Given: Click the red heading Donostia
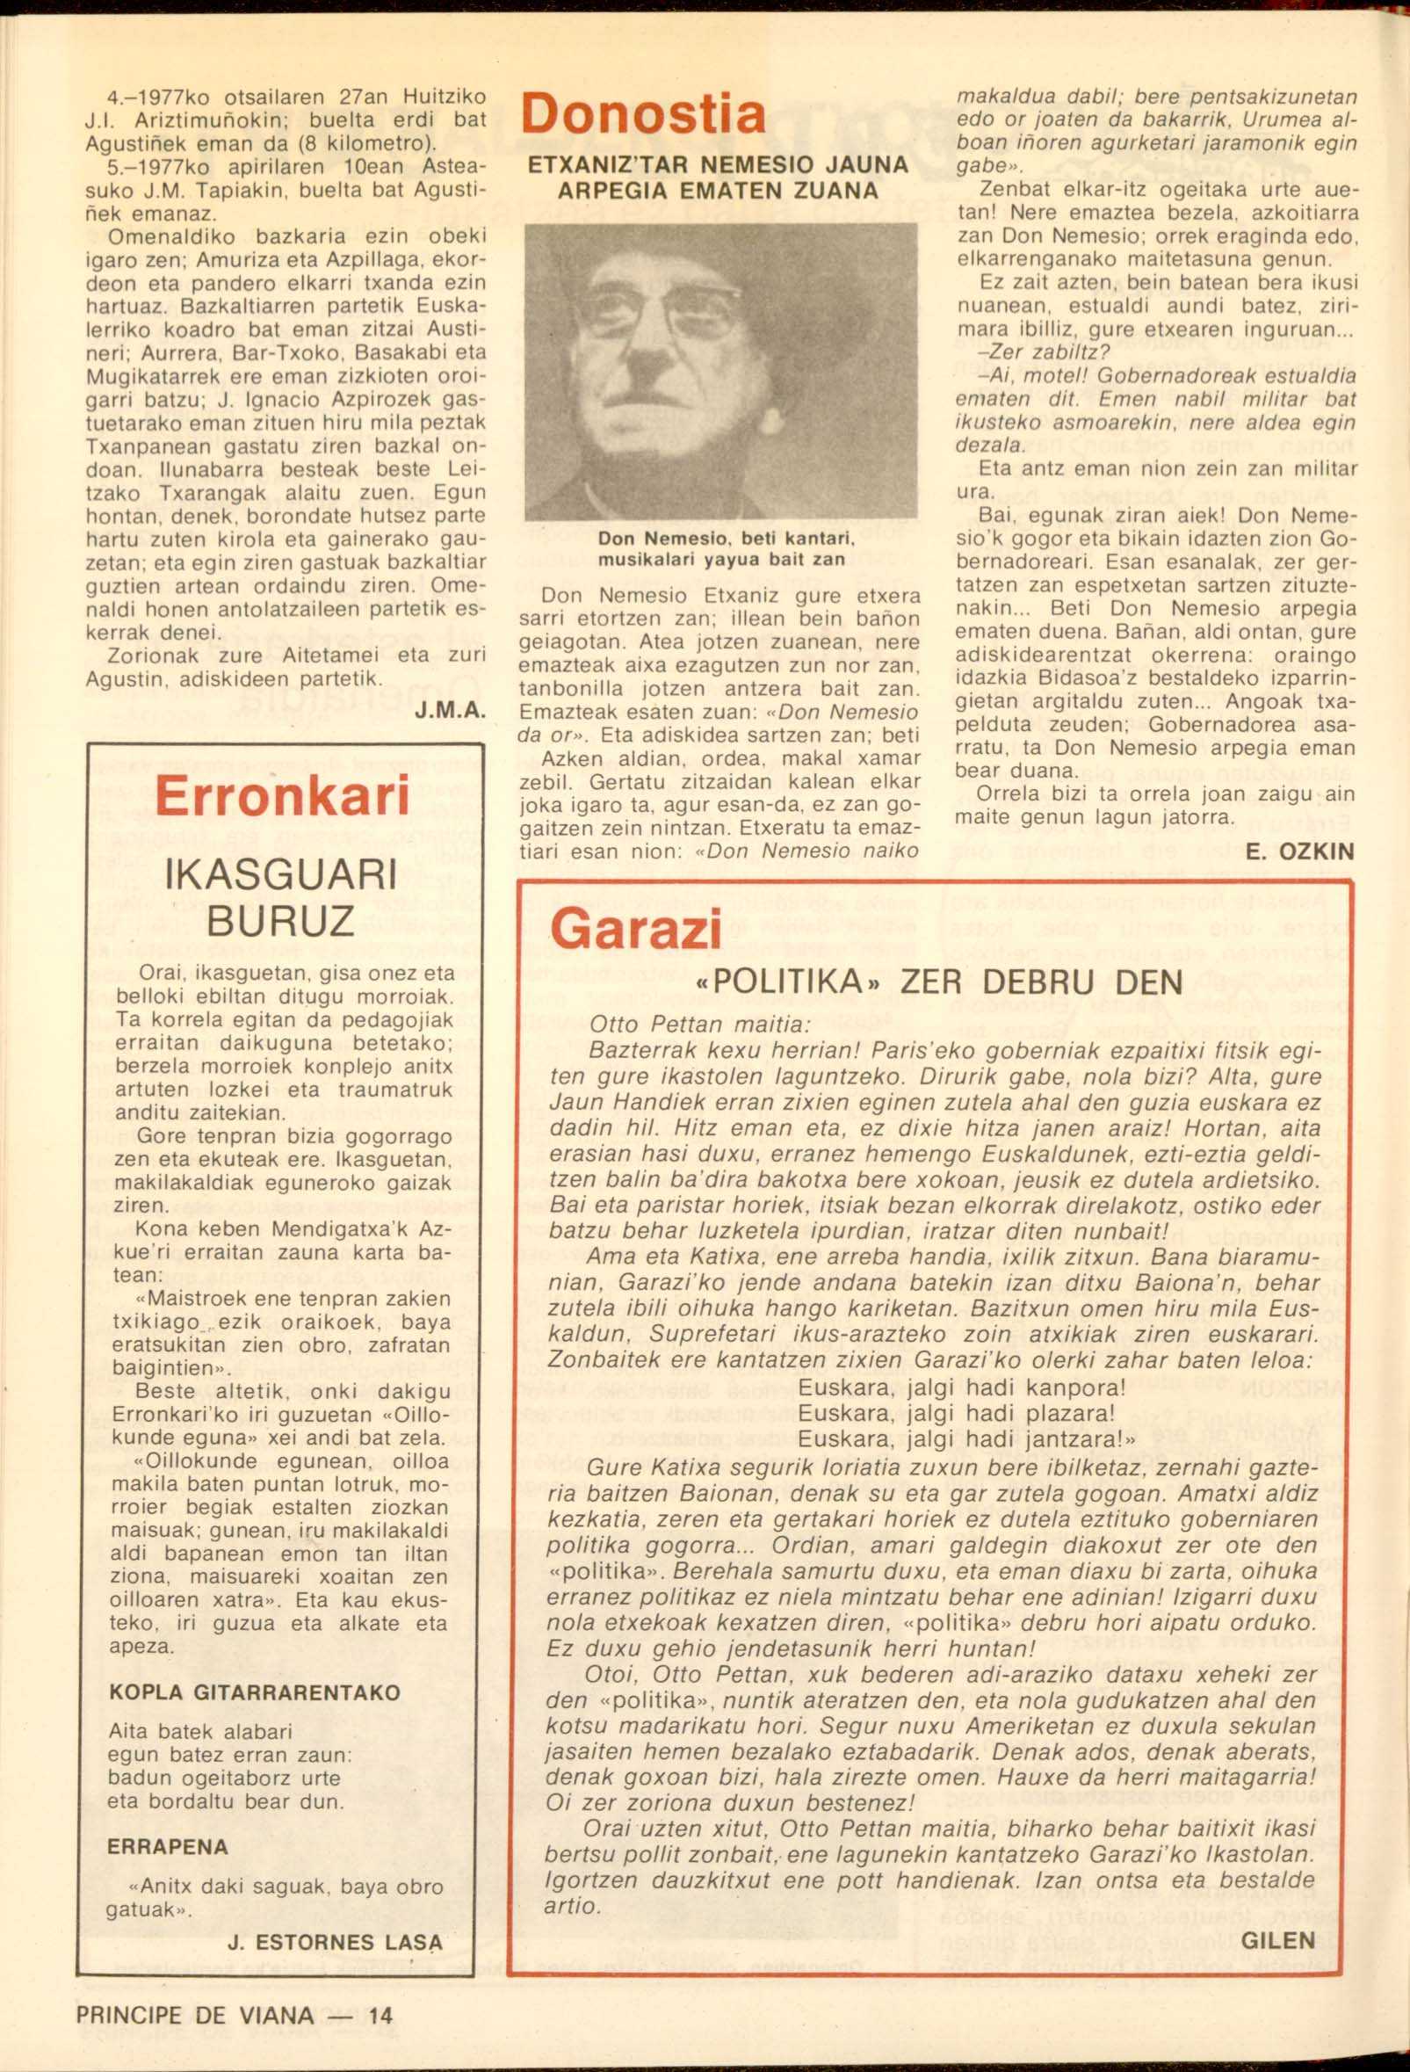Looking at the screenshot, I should tap(642, 115).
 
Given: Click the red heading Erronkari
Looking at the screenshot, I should tap(281, 796).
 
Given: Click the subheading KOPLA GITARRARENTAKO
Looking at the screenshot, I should tap(254, 1692).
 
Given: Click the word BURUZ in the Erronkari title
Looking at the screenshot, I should tap(281, 922).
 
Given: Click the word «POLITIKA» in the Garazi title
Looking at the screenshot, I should tap(787, 982).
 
